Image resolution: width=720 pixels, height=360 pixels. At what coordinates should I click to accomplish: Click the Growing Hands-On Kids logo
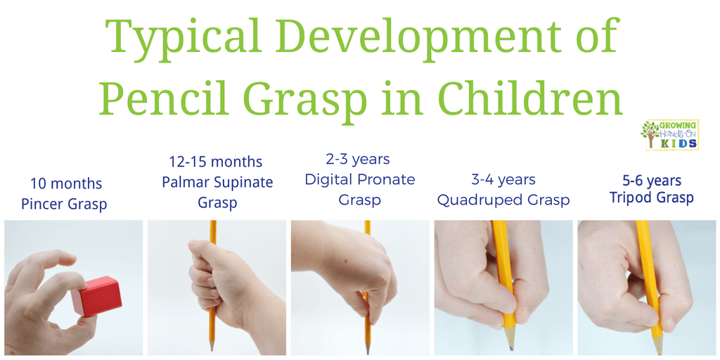pos(670,134)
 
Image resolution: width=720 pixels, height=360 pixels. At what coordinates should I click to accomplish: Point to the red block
pos(97,296)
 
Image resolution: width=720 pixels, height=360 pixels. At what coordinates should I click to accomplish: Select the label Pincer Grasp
pos(64,203)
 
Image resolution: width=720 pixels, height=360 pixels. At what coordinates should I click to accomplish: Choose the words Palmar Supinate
pos(218,182)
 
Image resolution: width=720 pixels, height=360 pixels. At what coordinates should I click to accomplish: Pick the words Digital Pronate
pos(360,179)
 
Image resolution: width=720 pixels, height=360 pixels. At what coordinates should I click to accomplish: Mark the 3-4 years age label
pos(503,180)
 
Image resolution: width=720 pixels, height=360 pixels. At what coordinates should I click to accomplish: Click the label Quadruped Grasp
pos(503,200)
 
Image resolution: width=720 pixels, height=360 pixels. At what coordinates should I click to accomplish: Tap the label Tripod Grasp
pos(651,198)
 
